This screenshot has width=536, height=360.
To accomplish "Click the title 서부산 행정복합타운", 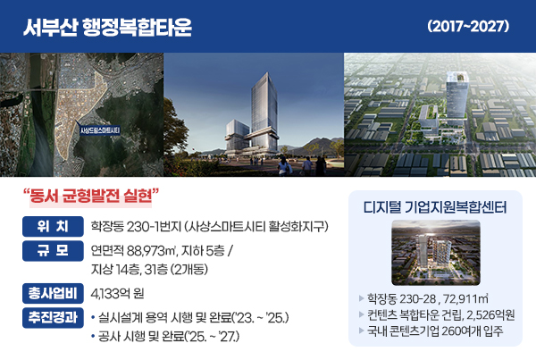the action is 108,27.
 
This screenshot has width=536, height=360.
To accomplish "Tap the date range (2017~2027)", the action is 468,26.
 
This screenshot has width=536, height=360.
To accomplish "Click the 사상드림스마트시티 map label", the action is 100,130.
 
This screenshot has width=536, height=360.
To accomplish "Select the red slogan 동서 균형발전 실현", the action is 91,196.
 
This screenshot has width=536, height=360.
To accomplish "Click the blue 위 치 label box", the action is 53,226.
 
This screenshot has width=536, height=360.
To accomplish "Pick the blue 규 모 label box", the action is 53,251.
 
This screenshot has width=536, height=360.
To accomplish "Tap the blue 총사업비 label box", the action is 53,293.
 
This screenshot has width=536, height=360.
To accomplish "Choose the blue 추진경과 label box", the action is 53,318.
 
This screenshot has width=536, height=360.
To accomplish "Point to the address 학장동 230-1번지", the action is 136,226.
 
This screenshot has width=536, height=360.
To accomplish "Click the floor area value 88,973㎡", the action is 152,251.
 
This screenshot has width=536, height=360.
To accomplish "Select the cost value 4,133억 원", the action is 117,294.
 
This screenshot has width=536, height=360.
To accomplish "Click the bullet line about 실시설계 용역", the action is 190,318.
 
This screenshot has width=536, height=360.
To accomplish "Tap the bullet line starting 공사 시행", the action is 165,337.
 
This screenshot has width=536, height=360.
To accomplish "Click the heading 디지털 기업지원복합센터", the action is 435,207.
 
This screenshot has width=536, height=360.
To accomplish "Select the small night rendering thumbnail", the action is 436,253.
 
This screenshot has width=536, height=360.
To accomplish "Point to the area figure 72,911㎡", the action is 465,298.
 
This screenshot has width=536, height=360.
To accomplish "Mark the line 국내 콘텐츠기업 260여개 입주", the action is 435,331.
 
